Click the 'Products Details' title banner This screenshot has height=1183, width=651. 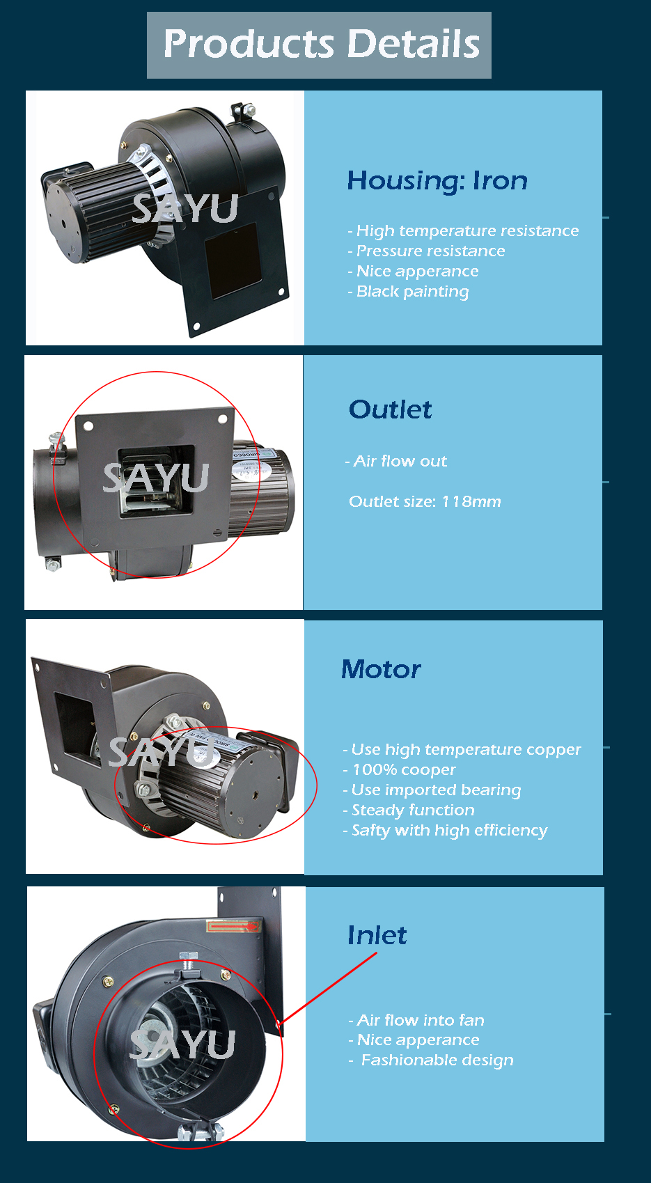tap(320, 45)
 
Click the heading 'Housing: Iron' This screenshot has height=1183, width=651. tap(437, 181)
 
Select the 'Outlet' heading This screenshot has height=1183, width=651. tap(390, 409)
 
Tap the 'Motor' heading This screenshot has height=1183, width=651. tap(381, 670)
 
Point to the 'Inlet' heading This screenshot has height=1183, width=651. tap(377, 935)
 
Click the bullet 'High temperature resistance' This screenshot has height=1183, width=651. tap(466, 230)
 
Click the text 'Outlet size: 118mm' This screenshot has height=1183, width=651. tap(425, 501)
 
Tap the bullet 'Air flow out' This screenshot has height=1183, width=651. tap(399, 461)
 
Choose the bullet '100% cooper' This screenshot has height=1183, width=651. tap(403, 769)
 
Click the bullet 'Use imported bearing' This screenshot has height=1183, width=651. tap(435, 790)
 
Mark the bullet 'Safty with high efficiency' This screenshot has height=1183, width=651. tap(448, 830)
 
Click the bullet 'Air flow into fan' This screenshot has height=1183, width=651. tap(420, 1020)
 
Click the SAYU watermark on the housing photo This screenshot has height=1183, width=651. tap(185, 208)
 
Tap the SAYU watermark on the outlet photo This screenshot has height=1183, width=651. tap(156, 478)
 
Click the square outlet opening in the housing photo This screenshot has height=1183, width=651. tap(232, 258)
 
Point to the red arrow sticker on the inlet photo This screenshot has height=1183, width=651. tap(233, 926)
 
